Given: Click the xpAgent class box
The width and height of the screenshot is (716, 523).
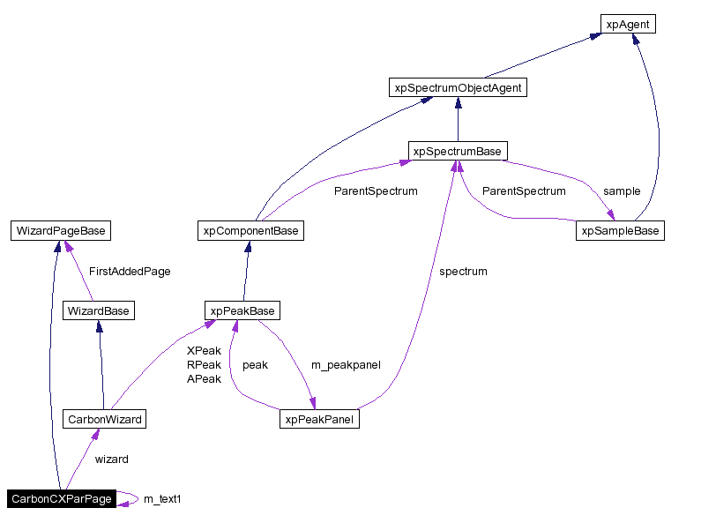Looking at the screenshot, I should (x=628, y=25).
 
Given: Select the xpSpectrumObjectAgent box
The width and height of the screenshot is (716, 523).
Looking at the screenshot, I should (x=458, y=87).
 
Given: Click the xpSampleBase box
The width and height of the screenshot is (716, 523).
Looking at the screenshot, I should (x=620, y=231).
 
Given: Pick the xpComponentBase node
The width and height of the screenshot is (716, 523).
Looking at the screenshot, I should (x=250, y=231).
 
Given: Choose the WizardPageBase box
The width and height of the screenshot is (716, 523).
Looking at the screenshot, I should (x=61, y=231).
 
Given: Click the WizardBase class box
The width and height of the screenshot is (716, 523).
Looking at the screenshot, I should (x=98, y=310).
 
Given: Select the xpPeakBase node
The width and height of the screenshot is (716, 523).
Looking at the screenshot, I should (x=242, y=310).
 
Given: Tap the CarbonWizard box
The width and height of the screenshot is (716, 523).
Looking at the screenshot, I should (x=104, y=419).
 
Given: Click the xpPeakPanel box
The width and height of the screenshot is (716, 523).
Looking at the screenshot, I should (x=319, y=420).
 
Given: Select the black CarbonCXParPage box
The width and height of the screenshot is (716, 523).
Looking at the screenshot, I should (x=62, y=499).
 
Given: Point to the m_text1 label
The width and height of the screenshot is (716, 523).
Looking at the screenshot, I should (x=162, y=499).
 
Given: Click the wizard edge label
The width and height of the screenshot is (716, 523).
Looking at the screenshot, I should (x=112, y=459).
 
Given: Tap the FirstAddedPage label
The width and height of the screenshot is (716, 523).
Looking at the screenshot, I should (x=130, y=272).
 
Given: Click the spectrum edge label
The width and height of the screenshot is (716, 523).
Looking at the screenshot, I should (x=463, y=272).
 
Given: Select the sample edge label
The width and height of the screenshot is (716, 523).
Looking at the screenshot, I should (x=622, y=191).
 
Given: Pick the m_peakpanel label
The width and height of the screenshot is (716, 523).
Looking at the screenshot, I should (x=346, y=364).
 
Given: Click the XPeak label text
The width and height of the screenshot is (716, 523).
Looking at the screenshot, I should (x=204, y=350).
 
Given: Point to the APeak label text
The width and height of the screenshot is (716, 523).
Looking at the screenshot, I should (x=204, y=379).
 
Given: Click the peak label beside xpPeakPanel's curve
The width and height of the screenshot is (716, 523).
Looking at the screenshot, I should (x=255, y=364).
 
